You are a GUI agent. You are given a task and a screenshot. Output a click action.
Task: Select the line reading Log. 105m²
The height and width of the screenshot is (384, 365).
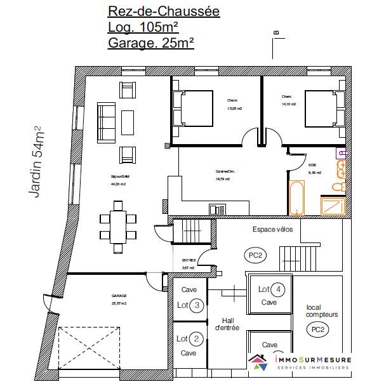pos(143,27)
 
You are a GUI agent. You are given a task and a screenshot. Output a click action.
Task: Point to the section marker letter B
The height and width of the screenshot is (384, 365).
pos(276,32)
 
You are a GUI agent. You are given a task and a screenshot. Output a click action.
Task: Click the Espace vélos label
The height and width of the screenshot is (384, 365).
pos(272,230)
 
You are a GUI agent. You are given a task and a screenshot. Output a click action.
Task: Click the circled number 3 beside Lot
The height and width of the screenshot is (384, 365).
pos(197,305)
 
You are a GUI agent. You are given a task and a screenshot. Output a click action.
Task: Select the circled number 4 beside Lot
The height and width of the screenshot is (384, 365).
pos(278,290)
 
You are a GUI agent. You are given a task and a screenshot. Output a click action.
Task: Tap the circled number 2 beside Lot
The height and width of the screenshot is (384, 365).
pos(197,338)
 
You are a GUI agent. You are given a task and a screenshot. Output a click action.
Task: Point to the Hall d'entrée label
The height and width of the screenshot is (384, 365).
pos(229,324)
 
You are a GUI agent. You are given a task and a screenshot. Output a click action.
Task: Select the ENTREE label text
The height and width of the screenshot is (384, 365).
pos(189,260)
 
